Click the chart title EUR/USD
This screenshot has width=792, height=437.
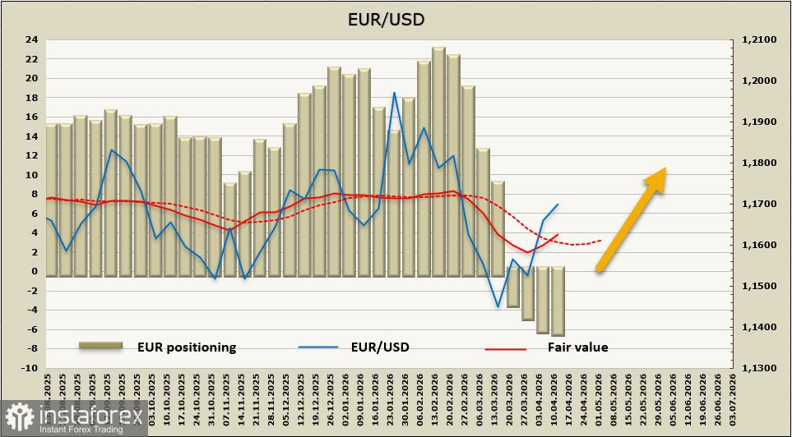[x=396, y=18]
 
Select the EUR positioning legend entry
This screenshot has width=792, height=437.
[x=187, y=347]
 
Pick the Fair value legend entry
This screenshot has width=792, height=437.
[x=577, y=347]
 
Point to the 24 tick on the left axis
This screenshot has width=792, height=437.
[x=31, y=39]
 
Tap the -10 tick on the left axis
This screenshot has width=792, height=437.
[x=29, y=368]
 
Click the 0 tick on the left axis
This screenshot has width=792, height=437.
[x=34, y=271]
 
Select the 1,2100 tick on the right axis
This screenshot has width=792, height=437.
[x=758, y=39]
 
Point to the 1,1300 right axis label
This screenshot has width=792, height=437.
[x=758, y=369]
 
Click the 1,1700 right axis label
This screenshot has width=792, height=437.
[x=758, y=205]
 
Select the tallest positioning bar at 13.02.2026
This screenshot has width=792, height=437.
[x=438, y=52]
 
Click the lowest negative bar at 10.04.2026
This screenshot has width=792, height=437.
[x=558, y=333]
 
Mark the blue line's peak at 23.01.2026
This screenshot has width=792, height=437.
[x=395, y=93]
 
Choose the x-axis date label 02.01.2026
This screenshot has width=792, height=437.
[x=349, y=402]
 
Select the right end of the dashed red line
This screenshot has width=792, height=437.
[x=601, y=241]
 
